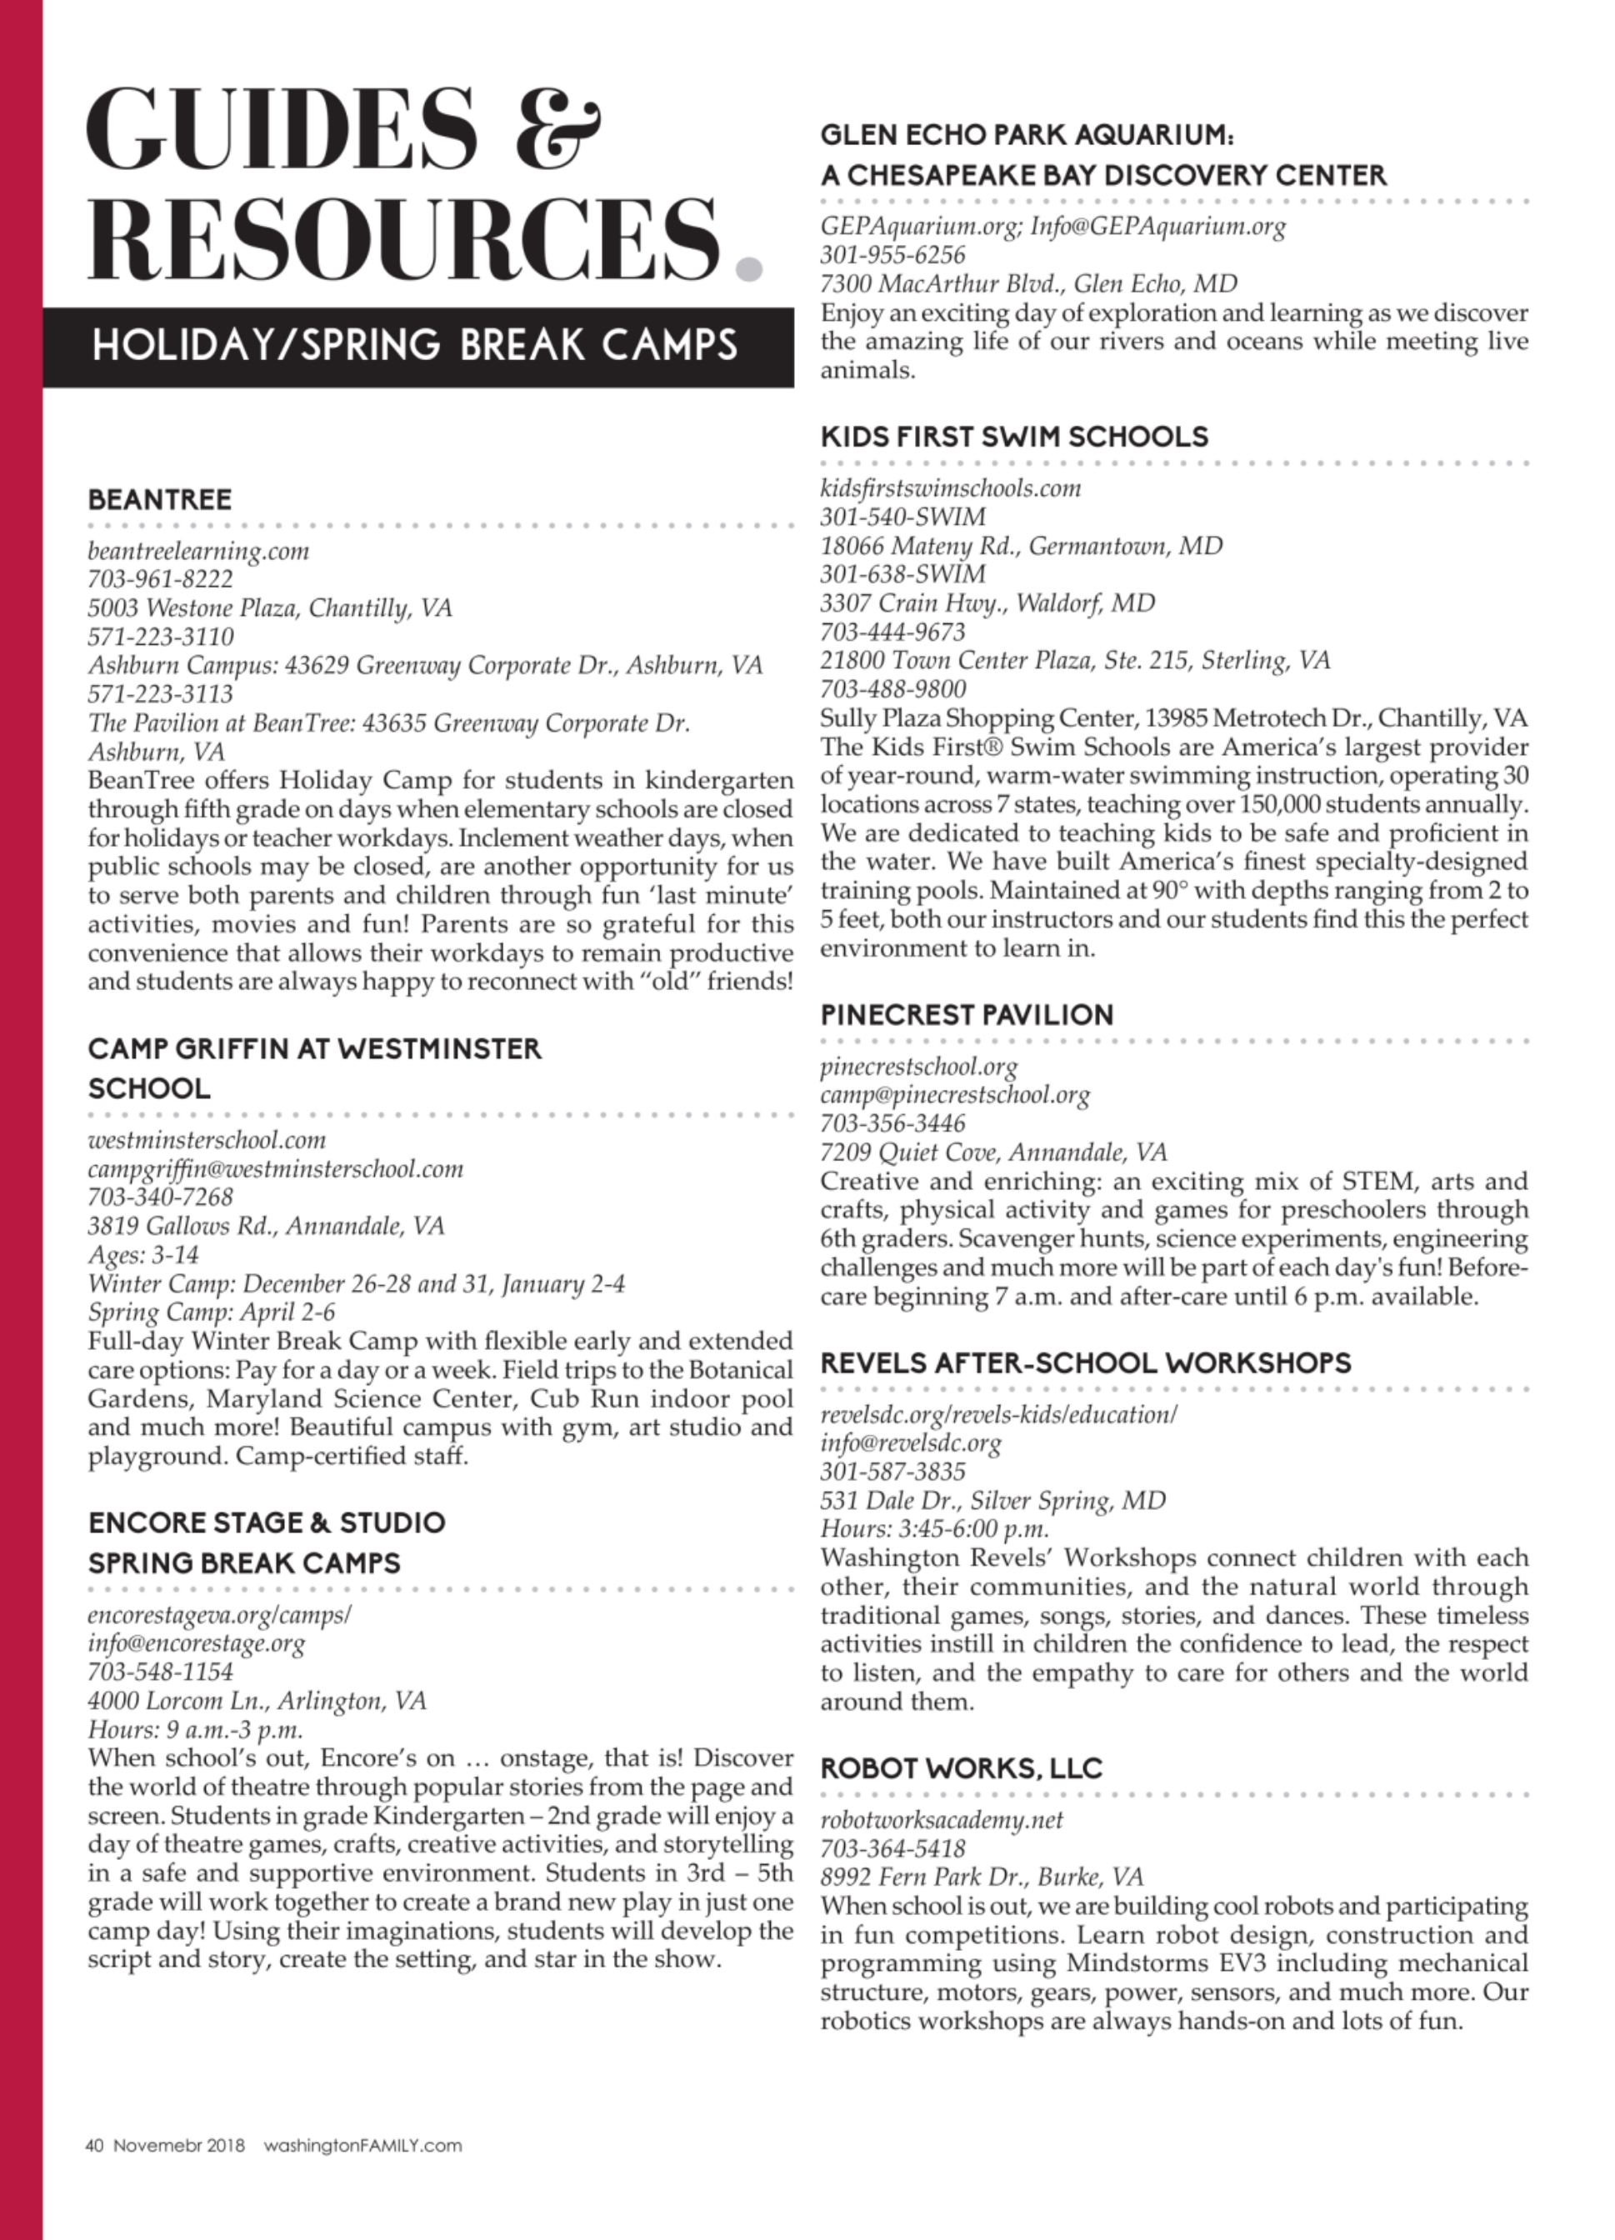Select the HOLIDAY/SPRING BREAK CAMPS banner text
[414, 346]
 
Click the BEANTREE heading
[160, 500]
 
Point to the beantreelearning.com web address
[198, 551]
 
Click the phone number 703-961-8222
[161, 580]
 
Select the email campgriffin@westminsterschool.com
[276, 1169]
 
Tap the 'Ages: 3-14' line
[143, 1255]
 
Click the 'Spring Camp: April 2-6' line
[212, 1312]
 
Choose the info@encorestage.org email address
[197, 1643]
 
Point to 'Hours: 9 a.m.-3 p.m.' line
[196, 1730]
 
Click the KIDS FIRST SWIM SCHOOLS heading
[1014, 437]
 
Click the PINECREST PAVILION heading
[967, 1015]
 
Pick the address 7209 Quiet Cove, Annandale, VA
[993, 1152]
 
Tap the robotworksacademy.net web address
[942, 1820]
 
